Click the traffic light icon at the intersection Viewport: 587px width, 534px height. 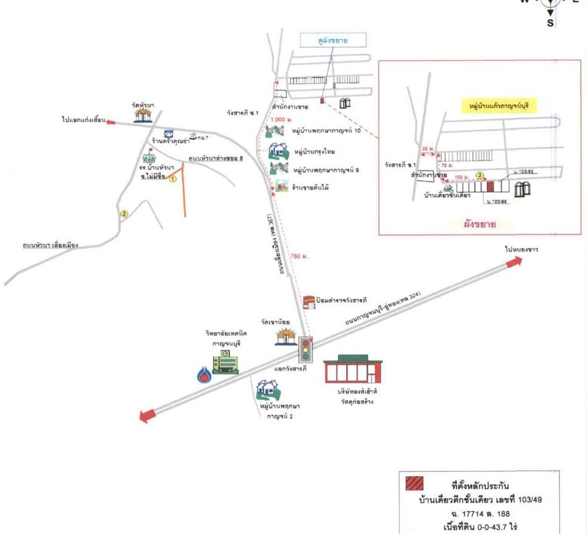305,349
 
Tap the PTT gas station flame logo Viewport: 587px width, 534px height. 204,375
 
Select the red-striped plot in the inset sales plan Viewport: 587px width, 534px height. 491,185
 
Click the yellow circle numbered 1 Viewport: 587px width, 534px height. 174,178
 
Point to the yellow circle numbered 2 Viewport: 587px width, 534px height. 124,214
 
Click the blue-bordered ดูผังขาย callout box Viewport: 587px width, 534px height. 334,41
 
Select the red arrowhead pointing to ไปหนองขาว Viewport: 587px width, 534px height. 513,262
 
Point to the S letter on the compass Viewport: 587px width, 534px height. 550,23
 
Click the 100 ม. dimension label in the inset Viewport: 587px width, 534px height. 458,178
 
